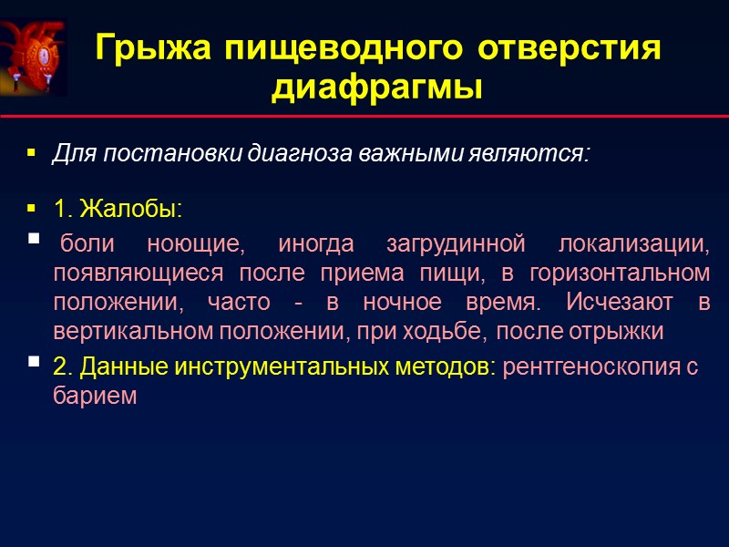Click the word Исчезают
pyautogui.click(x=621, y=302)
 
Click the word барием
pyautogui.click(x=95, y=396)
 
